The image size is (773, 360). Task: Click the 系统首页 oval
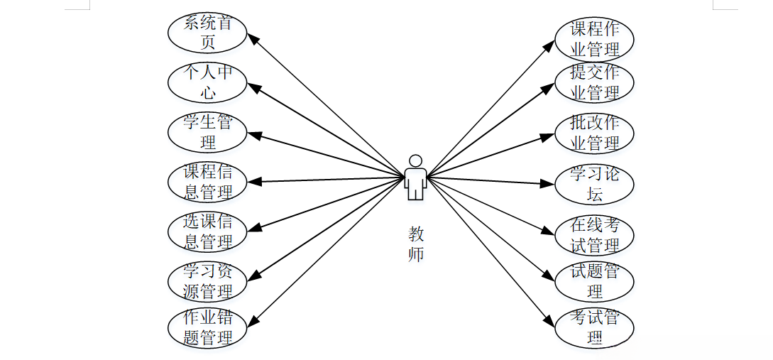207,33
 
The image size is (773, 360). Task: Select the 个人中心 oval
207,82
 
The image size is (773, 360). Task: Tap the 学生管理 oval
207,132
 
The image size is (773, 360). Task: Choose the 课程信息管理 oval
207,182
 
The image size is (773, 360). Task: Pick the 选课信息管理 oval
207,231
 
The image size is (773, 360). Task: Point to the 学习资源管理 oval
207,281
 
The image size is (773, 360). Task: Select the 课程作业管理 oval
594,40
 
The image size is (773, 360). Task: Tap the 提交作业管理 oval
594,82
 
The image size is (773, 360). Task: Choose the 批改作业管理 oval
594,133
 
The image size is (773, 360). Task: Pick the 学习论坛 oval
594,184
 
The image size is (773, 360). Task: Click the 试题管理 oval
594,281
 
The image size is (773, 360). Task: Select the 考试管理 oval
594,327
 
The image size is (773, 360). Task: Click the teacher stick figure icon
415,178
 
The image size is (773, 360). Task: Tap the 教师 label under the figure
416,244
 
